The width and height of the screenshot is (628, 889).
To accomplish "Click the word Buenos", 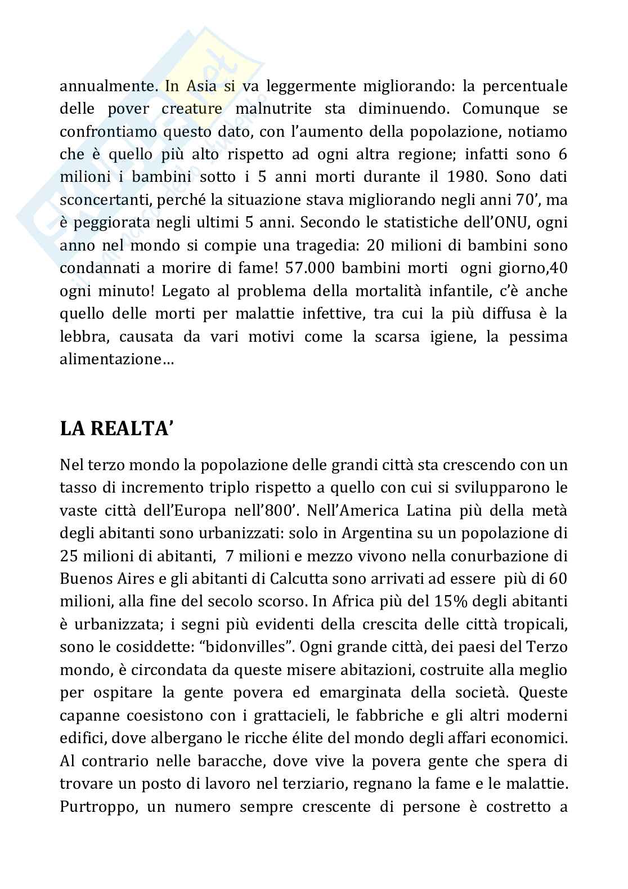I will [84, 578].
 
